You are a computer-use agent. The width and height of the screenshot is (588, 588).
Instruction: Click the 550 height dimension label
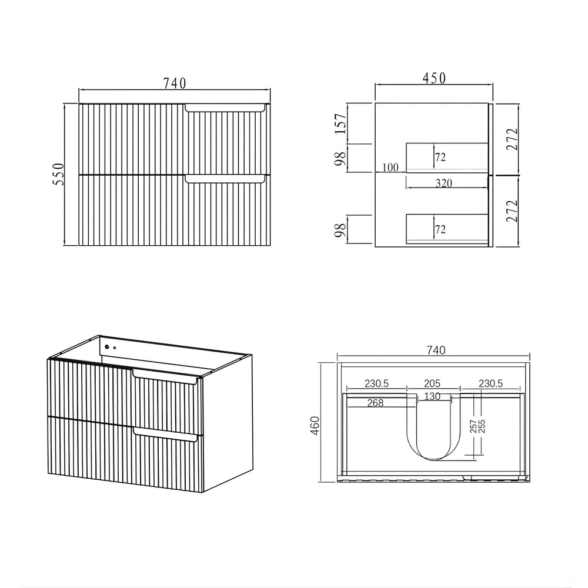point(59,174)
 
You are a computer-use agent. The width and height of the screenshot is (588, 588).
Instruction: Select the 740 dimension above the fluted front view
point(175,83)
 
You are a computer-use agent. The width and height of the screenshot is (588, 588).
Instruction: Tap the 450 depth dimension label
point(435,78)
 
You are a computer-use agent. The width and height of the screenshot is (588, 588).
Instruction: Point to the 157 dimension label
point(341,123)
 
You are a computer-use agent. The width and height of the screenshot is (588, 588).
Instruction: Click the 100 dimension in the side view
point(390,167)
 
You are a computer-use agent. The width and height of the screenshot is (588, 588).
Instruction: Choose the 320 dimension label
point(443,183)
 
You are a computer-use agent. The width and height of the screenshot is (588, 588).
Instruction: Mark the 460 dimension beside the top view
point(315,426)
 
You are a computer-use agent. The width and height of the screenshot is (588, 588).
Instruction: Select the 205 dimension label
point(432,383)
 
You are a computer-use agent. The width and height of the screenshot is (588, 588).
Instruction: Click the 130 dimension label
point(432,396)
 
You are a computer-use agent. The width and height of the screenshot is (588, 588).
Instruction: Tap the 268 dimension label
point(375,403)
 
